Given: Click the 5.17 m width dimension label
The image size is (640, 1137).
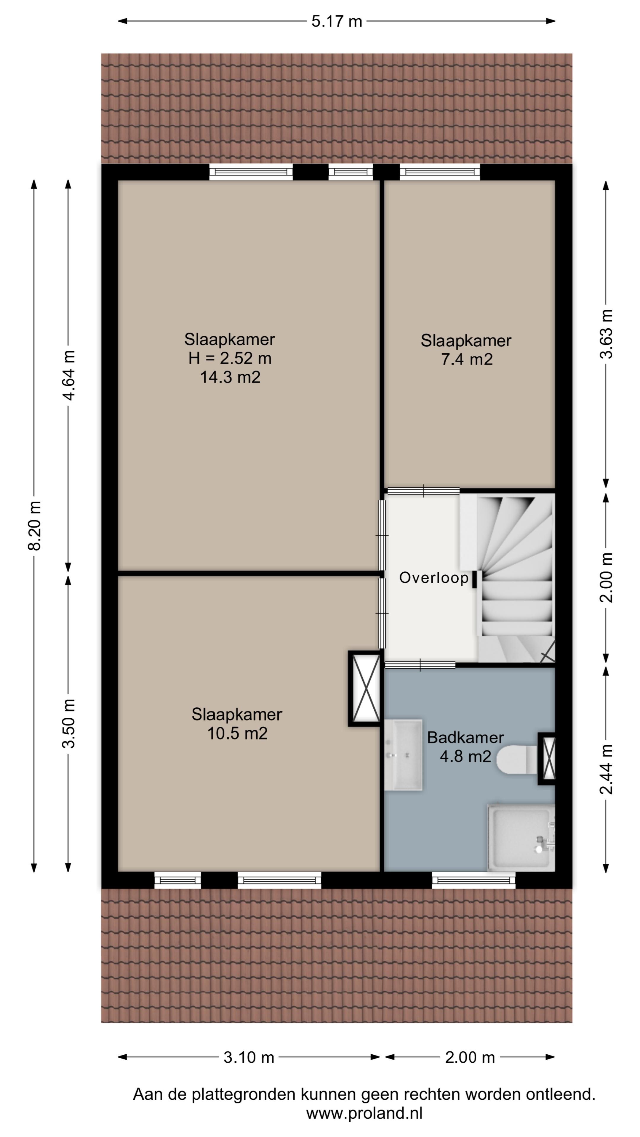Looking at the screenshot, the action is [337, 21].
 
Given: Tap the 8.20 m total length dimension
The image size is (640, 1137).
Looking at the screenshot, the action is [34, 525].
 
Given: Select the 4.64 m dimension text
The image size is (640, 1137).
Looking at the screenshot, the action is [68, 375].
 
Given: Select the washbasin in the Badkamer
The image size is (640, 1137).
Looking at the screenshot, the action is [403, 754].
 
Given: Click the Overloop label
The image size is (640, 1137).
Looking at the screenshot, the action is [434, 578].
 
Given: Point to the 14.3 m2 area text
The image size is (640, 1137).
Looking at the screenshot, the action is [230, 377].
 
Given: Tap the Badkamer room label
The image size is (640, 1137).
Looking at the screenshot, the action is [465, 737].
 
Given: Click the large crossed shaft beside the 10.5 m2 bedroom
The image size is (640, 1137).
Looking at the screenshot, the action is [365, 688].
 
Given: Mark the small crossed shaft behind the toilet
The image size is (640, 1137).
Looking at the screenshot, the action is [546, 758].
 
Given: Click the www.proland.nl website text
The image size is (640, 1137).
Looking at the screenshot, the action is [364, 1114].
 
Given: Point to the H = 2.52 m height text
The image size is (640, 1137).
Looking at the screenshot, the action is [230, 358].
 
